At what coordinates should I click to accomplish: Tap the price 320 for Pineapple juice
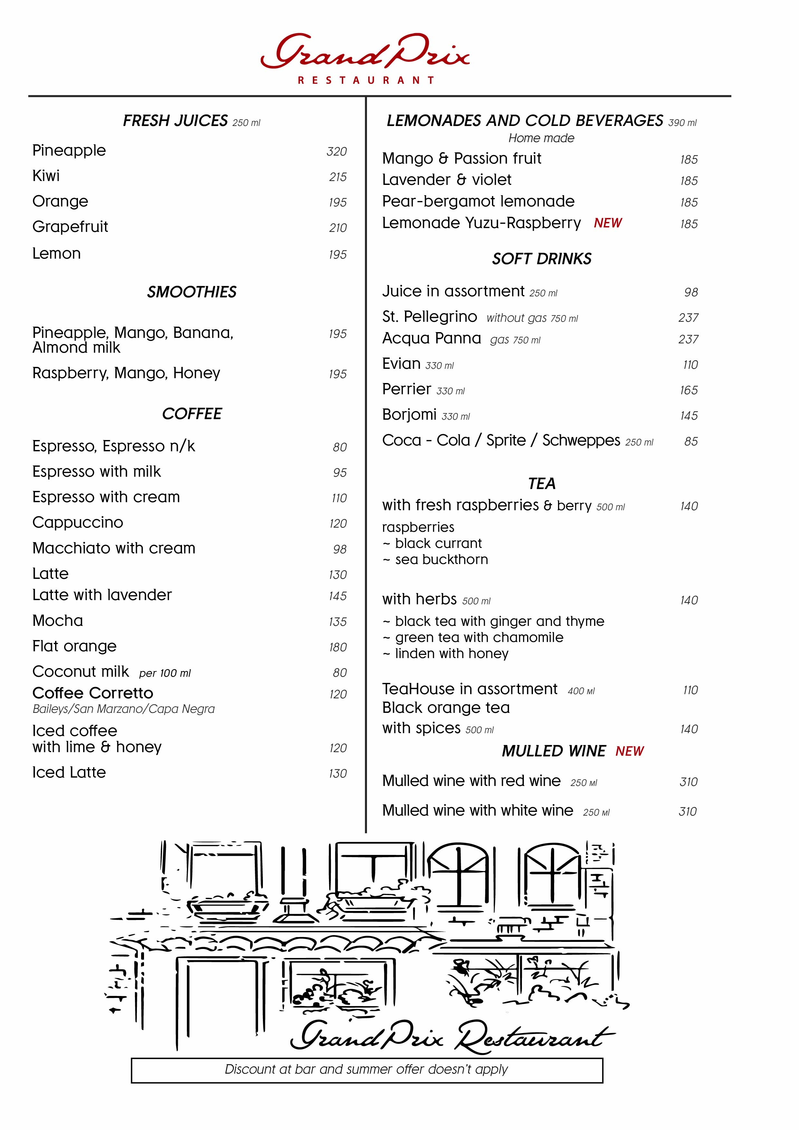coord(337,152)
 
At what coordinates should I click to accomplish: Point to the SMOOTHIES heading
coord(191,292)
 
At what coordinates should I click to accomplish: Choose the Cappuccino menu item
coord(78,523)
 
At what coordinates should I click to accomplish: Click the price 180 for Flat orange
coord(338,647)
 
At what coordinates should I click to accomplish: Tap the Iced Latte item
coord(69,773)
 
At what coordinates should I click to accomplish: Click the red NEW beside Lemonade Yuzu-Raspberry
coord(608,223)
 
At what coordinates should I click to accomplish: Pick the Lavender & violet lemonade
coord(447,180)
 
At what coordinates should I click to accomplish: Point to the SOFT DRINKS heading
coord(542,259)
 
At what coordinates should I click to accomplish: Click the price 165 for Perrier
coord(689,390)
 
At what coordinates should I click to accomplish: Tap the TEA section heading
coord(542,484)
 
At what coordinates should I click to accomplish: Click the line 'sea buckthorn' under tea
coord(441,560)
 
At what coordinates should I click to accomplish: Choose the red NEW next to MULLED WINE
coord(629,751)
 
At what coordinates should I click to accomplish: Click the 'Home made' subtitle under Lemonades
coord(541,138)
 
